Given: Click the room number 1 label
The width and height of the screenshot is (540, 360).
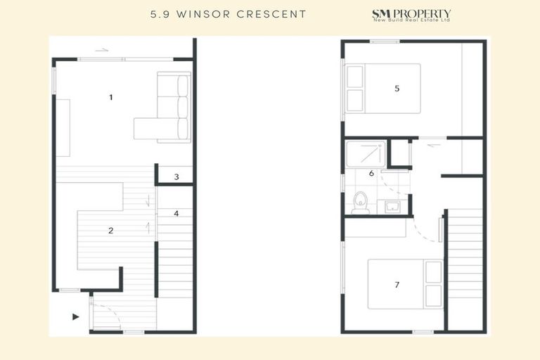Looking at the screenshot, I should [x=111, y=97].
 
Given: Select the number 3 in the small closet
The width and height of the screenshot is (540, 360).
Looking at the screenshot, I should [x=176, y=177].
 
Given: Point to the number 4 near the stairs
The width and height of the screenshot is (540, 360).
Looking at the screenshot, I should [x=176, y=213].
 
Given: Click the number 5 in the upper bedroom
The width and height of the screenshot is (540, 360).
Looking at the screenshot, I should [x=397, y=89].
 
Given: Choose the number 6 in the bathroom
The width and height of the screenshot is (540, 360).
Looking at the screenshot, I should [x=371, y=173].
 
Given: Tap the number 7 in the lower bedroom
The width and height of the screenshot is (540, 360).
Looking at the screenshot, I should [x=397, y=285].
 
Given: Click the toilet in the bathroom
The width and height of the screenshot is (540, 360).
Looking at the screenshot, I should [x=361, y=201].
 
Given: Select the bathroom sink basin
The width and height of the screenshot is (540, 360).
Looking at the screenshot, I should [x=392, y=207].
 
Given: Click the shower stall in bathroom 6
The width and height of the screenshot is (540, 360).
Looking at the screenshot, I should [x=366, y=154].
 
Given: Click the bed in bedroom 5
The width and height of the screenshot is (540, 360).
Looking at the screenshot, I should [x=382, y=89].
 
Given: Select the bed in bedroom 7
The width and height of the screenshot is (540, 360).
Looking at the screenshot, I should [x=405, y=284].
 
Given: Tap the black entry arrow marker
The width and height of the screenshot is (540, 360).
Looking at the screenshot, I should [x=76, y=317].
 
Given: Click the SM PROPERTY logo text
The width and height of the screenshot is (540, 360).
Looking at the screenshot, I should [x=411, y=13].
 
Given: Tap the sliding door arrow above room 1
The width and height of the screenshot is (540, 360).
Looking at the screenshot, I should [x=102, y=50].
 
